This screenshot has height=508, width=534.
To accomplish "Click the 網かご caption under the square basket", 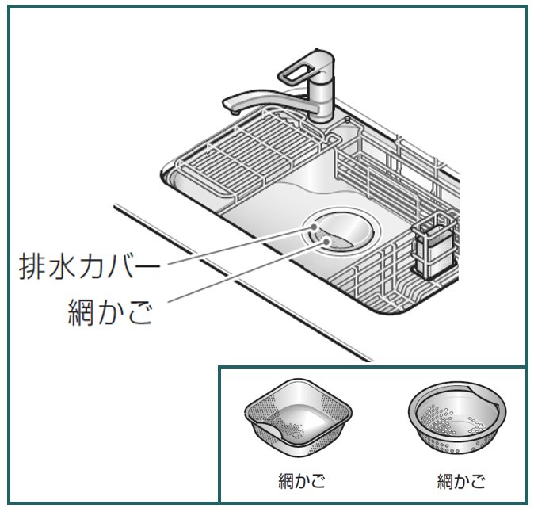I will coord(297,480).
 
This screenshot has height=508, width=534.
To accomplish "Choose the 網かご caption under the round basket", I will coord(460,480).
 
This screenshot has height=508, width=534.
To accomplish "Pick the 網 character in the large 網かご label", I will coord(83,314).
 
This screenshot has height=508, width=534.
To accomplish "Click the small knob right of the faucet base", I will coord(348,120).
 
